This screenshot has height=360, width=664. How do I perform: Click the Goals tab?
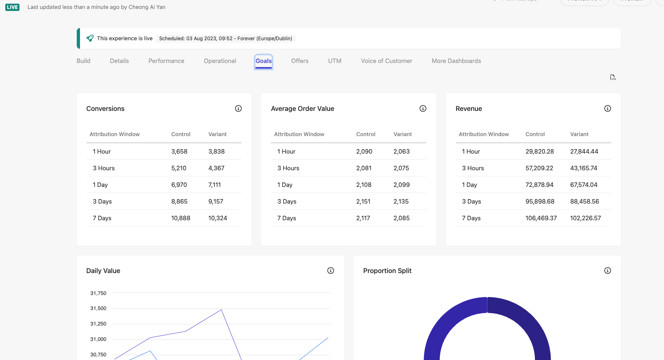coord(264,61)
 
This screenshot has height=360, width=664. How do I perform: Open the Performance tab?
coord(166,61)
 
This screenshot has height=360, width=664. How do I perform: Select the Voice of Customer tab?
coord(386,61)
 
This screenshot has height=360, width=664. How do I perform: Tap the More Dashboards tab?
coord(456,61)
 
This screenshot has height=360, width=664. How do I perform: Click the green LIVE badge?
coord(12,7)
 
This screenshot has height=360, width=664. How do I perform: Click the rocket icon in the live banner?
coord(90,38)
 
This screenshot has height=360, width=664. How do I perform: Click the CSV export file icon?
coord(613,77)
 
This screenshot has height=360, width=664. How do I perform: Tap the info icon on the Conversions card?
coord(238,108)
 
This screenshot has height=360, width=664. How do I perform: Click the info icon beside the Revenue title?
coord(608,108)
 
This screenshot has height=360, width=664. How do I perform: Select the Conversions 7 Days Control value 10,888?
coord(181,218)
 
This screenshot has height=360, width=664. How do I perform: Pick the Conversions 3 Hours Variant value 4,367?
coord(216,168)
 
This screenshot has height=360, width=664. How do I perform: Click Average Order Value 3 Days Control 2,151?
coord(363,202)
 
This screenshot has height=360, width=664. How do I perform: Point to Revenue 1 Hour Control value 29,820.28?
coord(539,152)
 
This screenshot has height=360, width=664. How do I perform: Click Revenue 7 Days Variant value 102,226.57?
coord(585,218)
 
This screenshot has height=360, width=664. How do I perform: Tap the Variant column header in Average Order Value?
coord(402,134)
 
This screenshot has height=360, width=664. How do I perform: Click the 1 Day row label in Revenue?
coord(469,185)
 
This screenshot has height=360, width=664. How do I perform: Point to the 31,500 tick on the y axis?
coord(98,308)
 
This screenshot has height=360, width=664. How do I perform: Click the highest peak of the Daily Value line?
coord(221,310)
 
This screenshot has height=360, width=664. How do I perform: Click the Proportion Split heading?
coord(387,271)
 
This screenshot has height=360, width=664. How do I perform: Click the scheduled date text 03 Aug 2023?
coord(201,39)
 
